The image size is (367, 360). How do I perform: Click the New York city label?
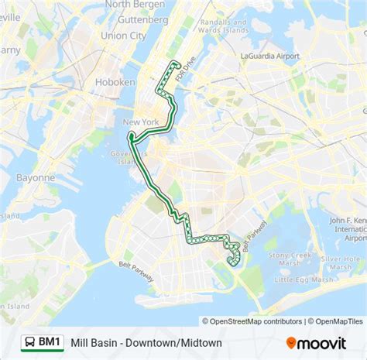click(140, 122)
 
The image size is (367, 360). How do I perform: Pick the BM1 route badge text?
click(50, 341)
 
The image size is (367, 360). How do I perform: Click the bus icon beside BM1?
click(29, 341)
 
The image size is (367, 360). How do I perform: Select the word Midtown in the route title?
click(201, 342)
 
